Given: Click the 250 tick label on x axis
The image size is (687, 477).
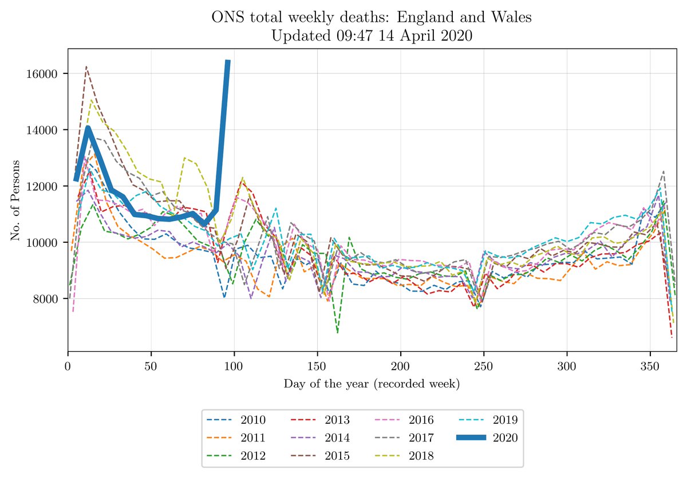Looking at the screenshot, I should point(484,365).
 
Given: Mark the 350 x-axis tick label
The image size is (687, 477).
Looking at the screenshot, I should point(650,365).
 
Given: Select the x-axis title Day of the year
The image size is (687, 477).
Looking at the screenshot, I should point(372,384).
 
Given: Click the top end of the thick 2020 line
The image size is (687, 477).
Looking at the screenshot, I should point(228,61).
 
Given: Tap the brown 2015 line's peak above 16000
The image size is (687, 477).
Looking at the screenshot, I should point(86,67).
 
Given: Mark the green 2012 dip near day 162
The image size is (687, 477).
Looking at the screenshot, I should point(338,332).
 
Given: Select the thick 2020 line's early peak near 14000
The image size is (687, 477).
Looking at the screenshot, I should point(88,128).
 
